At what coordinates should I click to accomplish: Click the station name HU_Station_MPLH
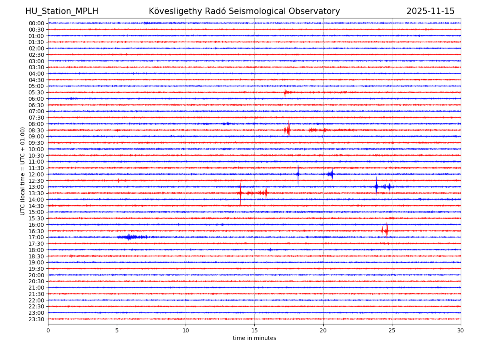tap(62, 11)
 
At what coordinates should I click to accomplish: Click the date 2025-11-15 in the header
tap(430, 11)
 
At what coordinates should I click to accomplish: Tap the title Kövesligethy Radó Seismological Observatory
tap(244, 11)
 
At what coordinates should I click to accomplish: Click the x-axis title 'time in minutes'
tap(254, 338)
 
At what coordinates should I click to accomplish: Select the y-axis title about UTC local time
tap(23, 171)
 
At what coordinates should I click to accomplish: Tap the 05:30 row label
tap(36, 92)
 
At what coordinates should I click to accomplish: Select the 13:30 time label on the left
tap(36, 193)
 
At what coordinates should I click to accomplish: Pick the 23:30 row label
tap(36, 319)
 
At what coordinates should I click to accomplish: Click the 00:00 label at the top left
tap(36, 23)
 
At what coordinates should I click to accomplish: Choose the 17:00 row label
tap(36, 237)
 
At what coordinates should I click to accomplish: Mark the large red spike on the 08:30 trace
tap(288, 130)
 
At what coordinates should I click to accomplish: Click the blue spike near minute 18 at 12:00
tap(298, 174)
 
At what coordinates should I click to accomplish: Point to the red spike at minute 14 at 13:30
tap(240, 193)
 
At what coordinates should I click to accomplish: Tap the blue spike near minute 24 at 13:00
tap(376, 186)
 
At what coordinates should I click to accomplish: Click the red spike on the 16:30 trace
tap(386, 231)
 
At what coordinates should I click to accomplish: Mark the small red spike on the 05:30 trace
tap(285, 92)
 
